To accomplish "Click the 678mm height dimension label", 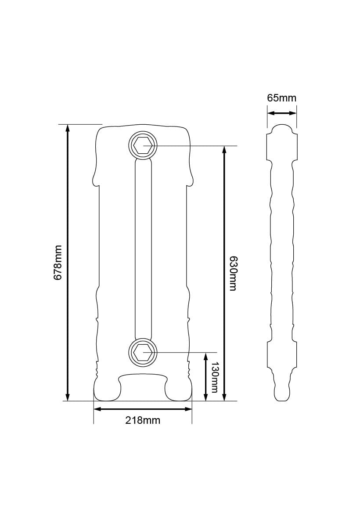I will click(x=58, y=263).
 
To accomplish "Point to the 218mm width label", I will click(x=143, y=420).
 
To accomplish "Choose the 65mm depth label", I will click(x=281, y=98).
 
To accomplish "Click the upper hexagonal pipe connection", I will click(x=143, y=145).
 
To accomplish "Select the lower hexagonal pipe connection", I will click(x=143, y=352).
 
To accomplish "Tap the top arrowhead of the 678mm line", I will click(x=67, y=128).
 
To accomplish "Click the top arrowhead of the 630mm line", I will click(x=224, y=150).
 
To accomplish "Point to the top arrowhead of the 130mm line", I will click(x=206, y=356).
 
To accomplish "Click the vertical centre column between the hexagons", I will click(x=143, y=248).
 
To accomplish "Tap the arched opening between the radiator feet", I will click(x=143, y=386).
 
